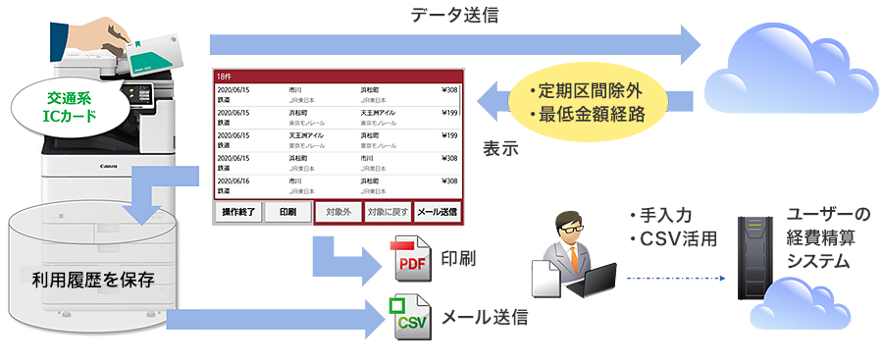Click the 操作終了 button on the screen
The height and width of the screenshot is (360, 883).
point(238,212)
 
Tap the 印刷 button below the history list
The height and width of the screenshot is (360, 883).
point(288,212)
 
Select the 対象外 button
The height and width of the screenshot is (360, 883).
point(338,212)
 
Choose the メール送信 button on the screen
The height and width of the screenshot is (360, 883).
point(437,212)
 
